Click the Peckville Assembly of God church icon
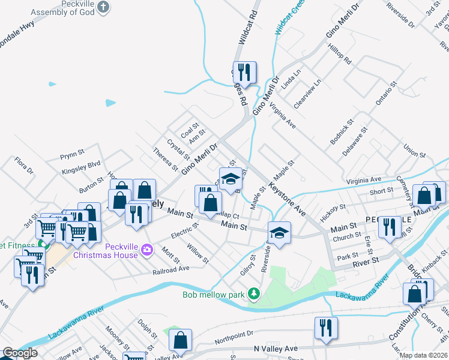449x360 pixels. (104, 7)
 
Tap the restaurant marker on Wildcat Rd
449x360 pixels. (244, 73)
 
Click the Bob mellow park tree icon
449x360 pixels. (255, 294)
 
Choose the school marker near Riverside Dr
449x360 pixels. (279, 232)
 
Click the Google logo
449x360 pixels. (20, 353)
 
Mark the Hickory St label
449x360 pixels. (333, 214)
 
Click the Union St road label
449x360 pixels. (414, 149)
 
